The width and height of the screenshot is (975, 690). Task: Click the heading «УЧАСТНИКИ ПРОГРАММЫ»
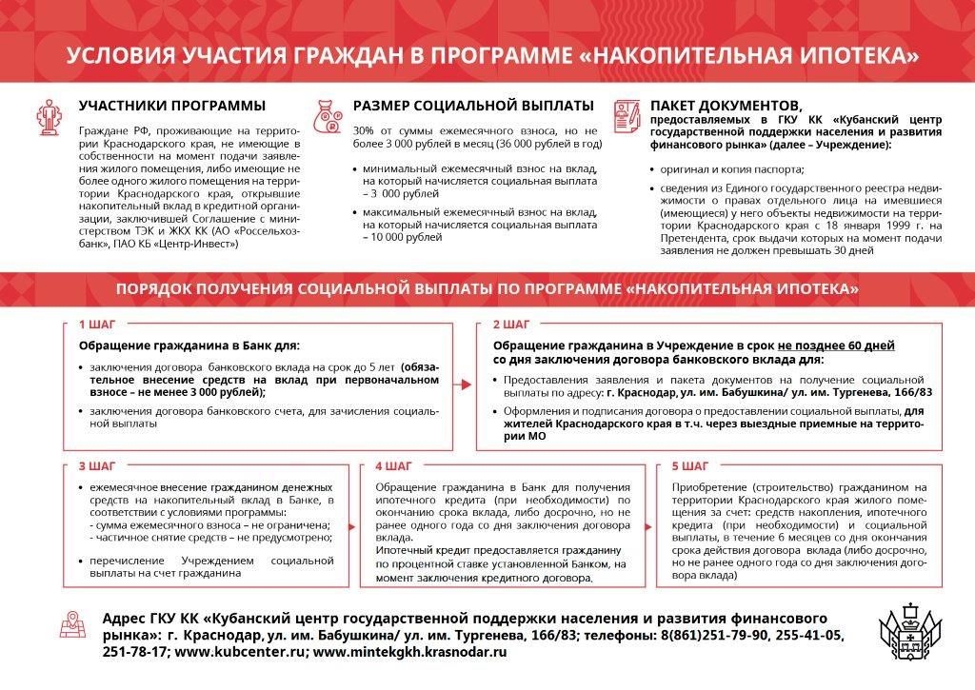[x=172, y=106]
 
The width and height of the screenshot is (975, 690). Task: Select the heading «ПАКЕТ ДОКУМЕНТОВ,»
[x=725, y=106]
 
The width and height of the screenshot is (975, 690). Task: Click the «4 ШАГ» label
[x=393, y=466]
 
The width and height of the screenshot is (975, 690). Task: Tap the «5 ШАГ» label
[x=689, y=466]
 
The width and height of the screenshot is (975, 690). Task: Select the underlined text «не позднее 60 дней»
[x=836, y=345]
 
